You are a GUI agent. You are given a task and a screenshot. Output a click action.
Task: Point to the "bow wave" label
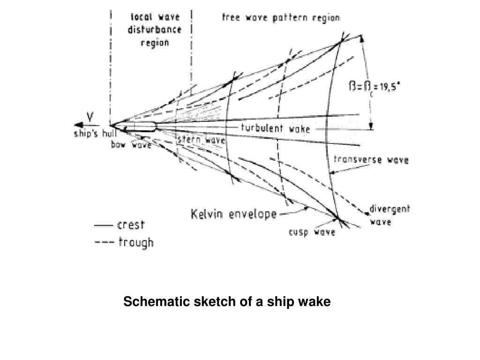pos(131,145)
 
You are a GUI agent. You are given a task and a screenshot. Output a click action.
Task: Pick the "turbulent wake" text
pos(275,128)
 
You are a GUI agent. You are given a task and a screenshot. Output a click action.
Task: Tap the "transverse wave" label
pos(370,160)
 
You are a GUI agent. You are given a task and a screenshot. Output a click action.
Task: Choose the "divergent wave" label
pos(390,215)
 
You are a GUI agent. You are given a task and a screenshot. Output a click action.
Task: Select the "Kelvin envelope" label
pos(233,215)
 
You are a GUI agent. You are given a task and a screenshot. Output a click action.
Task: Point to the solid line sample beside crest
pos(104,226)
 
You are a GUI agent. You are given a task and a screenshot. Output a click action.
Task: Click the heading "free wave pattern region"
pos(281,18)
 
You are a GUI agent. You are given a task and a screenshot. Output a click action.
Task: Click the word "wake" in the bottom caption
pos(317,302)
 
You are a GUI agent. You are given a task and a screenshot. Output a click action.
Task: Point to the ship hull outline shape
pos(141,125)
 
